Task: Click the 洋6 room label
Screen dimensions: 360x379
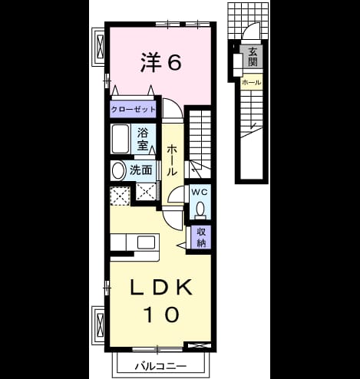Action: (x=161, y=62)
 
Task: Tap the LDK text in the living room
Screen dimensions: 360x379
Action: (x=161, y=287)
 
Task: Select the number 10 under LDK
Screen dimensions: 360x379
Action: (x=161, y=315)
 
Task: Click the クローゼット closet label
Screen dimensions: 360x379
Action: (x=133, y=110)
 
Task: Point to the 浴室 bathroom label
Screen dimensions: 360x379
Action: (x=143, y=139)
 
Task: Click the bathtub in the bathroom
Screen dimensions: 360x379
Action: (x=120, y=139)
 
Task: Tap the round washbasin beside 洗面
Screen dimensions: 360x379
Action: (x=118, y=171)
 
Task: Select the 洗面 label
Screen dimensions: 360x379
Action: (x=141, y=170)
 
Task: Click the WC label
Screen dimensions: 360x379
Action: (x=200, y=193)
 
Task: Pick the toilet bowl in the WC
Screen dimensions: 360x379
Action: (x=200, y=209)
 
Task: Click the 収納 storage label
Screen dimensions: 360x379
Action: (x=201, y=237)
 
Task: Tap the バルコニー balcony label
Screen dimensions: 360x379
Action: (x=160, y=367)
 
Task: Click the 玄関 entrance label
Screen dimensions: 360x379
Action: (x=253, y=57)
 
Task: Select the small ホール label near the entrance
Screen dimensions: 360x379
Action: (x=252, y=82)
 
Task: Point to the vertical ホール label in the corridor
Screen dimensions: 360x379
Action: (x=172, y=160)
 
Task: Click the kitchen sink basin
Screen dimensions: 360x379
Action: (x=146, y=242)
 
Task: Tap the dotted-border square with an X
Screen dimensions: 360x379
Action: (x=120, y=196)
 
